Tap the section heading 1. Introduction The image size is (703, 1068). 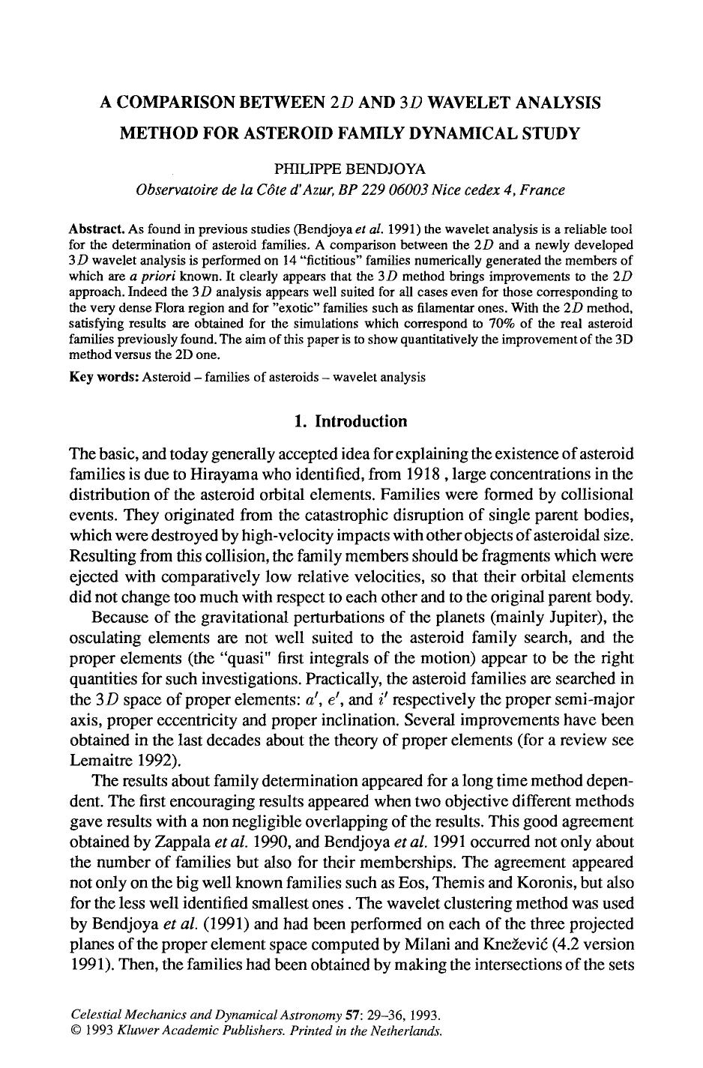tap(351, 421)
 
